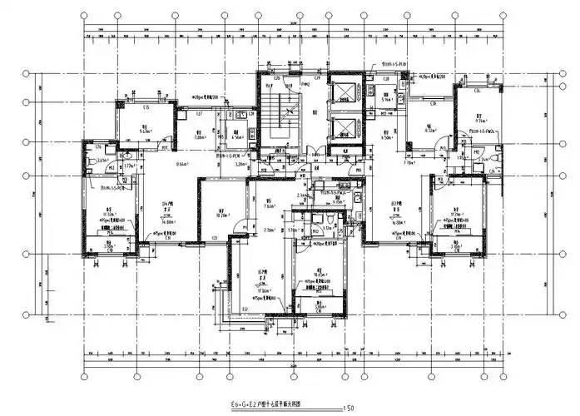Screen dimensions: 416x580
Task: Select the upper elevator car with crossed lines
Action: point(342,92)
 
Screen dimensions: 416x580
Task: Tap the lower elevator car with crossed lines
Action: point(342,126)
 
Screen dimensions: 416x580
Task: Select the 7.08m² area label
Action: point(200,136)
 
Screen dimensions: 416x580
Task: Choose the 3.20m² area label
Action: point(240,165)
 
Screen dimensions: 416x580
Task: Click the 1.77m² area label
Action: point(130,166)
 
